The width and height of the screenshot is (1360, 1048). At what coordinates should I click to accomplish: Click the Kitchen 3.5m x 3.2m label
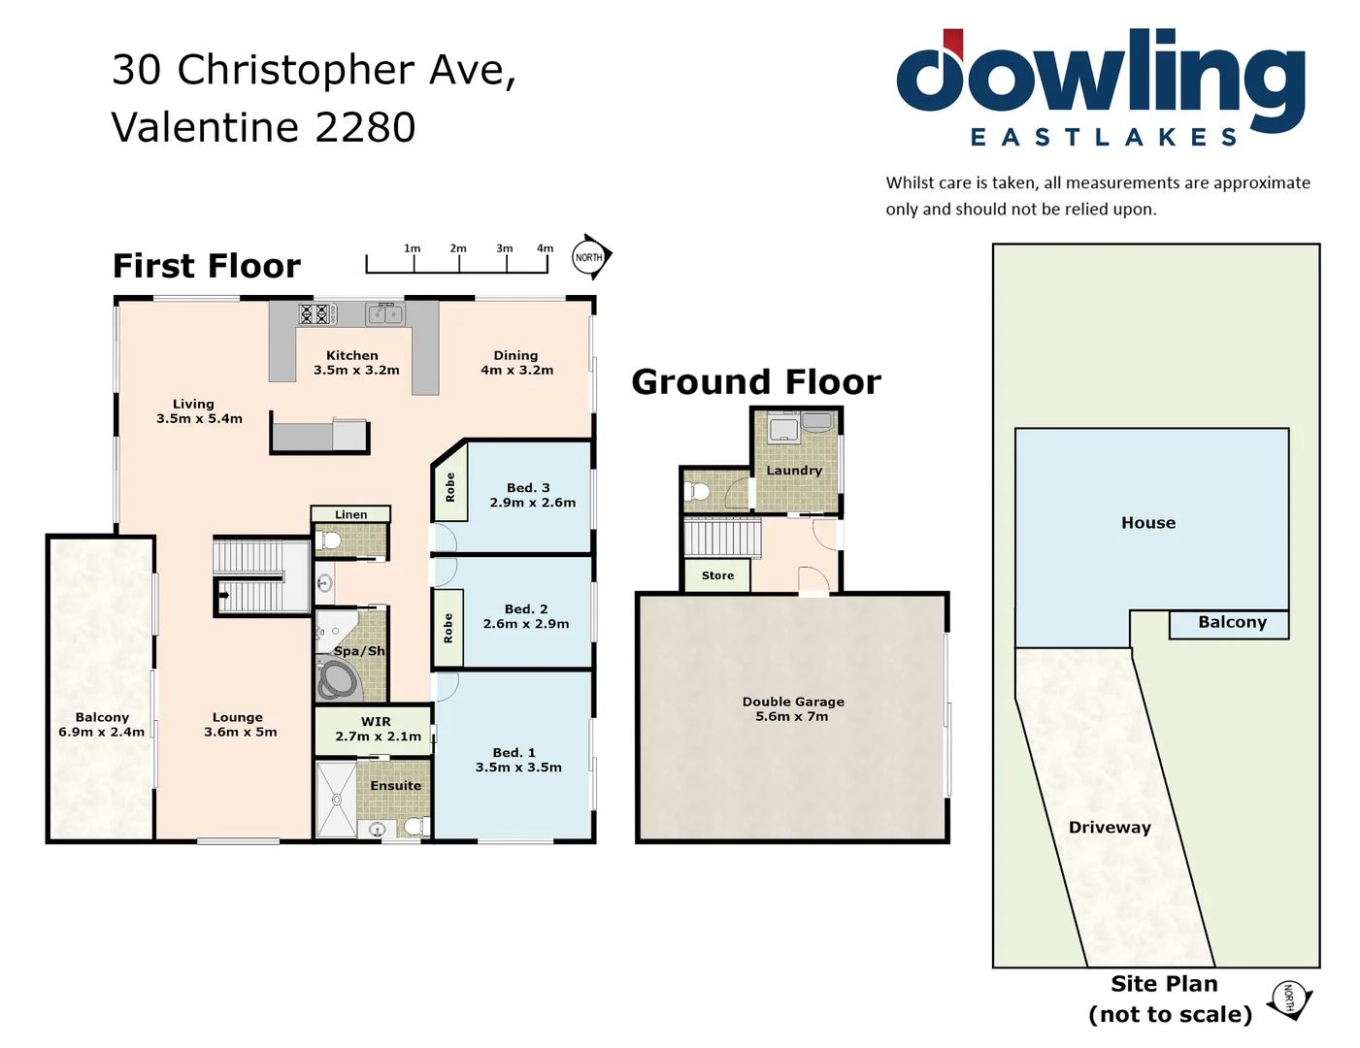click(355, 363)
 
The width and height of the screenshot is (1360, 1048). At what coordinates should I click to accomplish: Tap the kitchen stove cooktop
click(317, 313)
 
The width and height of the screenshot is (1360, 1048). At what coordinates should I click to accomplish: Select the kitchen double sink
click(385, 313)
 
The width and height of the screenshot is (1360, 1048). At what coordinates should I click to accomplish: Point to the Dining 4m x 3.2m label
click(516, 363)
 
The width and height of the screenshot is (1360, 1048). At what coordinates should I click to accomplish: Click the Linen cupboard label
click(350, 514)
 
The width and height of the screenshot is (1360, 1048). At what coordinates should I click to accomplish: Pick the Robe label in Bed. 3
click(449, 487)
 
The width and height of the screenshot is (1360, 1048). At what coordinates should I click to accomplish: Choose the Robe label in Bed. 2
click(448, 628)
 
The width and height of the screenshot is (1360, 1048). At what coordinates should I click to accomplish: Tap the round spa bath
click(337, 680)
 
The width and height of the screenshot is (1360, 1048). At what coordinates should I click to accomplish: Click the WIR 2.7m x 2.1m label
click(377, 729)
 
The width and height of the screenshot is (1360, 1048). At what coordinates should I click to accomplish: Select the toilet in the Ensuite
click(415, 826)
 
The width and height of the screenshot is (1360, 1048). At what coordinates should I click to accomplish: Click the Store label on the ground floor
click(717, 575)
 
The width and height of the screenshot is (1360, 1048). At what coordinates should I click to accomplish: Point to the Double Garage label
click(792, 708)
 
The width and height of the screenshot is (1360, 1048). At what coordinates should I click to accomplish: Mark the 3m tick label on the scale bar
click(504, 248)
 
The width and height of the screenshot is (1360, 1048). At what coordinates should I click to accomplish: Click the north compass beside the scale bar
click(590, 257)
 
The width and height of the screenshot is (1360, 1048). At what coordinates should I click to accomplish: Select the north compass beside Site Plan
click(1289, 999)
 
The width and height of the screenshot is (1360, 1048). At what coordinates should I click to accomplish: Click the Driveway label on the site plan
click(1110, 828)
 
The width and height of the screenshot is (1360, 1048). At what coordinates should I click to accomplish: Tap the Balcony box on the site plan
click(1230, 624)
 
